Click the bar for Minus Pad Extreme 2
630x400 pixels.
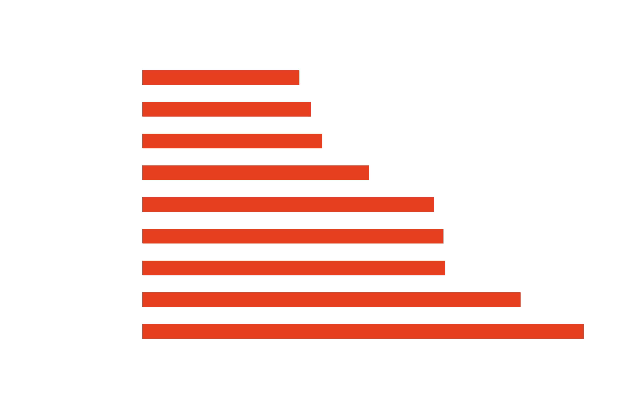pos(221,77)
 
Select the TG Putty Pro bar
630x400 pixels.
pos(226,109)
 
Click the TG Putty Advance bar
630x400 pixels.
pos(255,173)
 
